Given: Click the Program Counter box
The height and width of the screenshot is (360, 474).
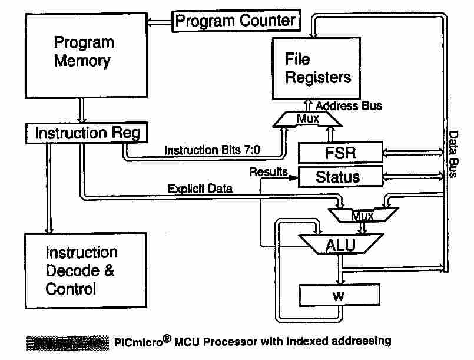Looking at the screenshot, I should pyautogui.click(x=236, y=22).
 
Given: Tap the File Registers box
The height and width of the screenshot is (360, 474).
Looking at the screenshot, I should pyautogui.click(x=317, y=68).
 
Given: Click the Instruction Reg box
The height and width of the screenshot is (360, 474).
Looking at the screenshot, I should pyautogui.click(x=87, y=133).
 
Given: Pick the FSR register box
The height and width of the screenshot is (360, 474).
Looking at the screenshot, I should pyautogui.click(x=340, y=153).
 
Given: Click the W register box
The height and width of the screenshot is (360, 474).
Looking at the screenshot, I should pyautogui.click(x=338, y=295).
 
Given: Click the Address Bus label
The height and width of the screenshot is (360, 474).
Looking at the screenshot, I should pyautogui.click(x=349, y=106).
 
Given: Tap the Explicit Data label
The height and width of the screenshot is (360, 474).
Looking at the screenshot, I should pyautogui.click(x=200, y=189).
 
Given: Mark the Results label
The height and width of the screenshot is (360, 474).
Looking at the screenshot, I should pyautogui.click(x=268, y=172).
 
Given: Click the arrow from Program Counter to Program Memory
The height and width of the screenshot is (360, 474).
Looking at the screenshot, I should pyautogui.click(x=159, y=23).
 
